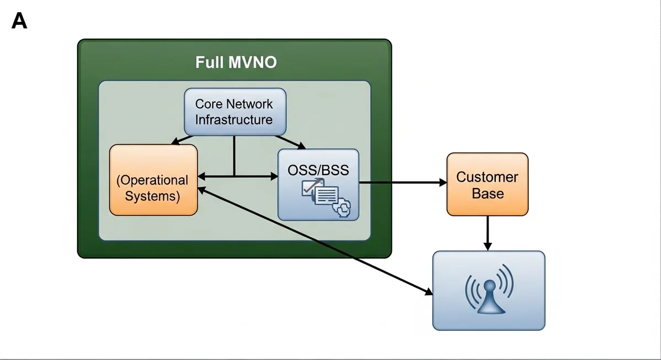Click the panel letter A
[x=19, y=21]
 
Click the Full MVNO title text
[x=236, y=62]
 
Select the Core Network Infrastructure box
[x=234, y=111]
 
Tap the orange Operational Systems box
[x=153, y=180]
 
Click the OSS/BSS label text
[x=318, y=170]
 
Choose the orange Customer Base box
[x=487, y=184]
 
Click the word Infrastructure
[x=234, y=119]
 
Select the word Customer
[x=487, y=177]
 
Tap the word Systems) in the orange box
[x=153, y=196]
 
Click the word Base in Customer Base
[x=487, y=193]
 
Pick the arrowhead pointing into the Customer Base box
[x=442, y=182]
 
